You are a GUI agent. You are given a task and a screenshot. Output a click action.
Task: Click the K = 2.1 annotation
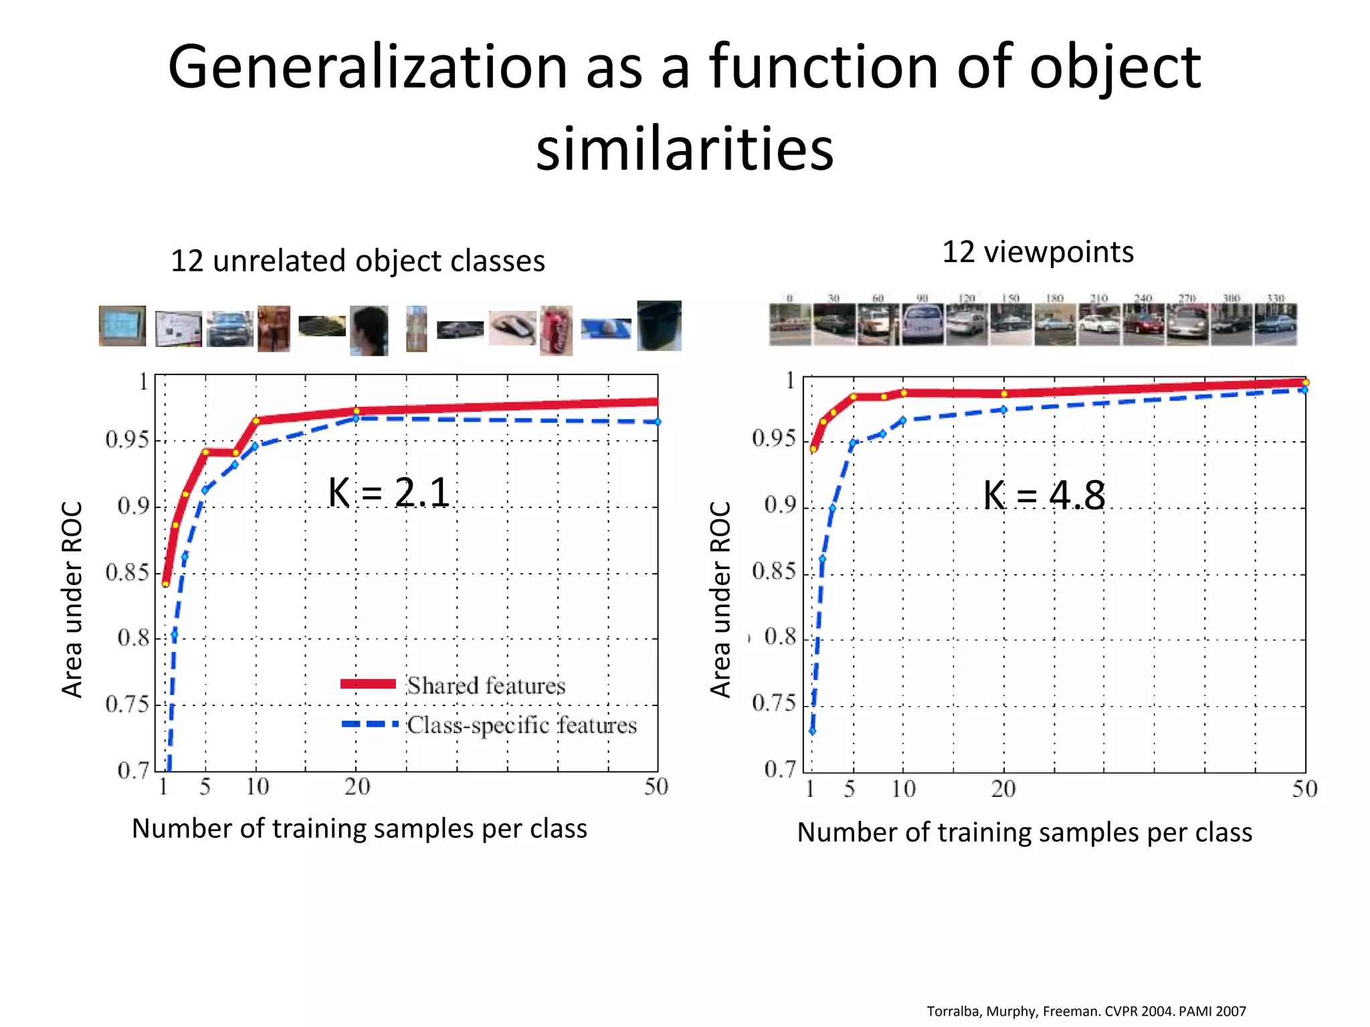pos(389,493)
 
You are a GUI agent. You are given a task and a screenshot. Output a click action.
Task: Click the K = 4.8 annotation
pos(1044,495)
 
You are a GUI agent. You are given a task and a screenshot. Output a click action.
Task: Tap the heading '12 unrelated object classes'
pos(358,261)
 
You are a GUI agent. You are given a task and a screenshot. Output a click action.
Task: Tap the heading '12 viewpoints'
pos(1038,252)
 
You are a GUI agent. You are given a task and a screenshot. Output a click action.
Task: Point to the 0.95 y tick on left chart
pos(127,440)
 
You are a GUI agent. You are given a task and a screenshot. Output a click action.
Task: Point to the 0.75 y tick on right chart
pos(774,703)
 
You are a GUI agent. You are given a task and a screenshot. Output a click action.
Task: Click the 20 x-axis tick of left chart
pos(357,787)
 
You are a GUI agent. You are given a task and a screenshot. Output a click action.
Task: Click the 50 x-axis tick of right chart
pos(1304,790)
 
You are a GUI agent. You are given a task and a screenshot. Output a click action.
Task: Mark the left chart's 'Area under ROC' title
pos(72,599)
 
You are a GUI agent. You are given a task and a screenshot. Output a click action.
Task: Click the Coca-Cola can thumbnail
pos(557,330)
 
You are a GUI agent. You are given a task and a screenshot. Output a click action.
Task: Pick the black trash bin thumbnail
pos(659,326)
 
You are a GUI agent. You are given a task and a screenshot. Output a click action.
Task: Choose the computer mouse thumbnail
pos(512,328)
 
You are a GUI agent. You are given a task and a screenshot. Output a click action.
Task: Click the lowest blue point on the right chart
pos(812,731)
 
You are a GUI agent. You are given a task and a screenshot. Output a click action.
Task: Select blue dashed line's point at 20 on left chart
pos(356,419)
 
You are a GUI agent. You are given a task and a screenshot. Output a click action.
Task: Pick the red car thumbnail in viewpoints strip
pos(1143,324)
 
